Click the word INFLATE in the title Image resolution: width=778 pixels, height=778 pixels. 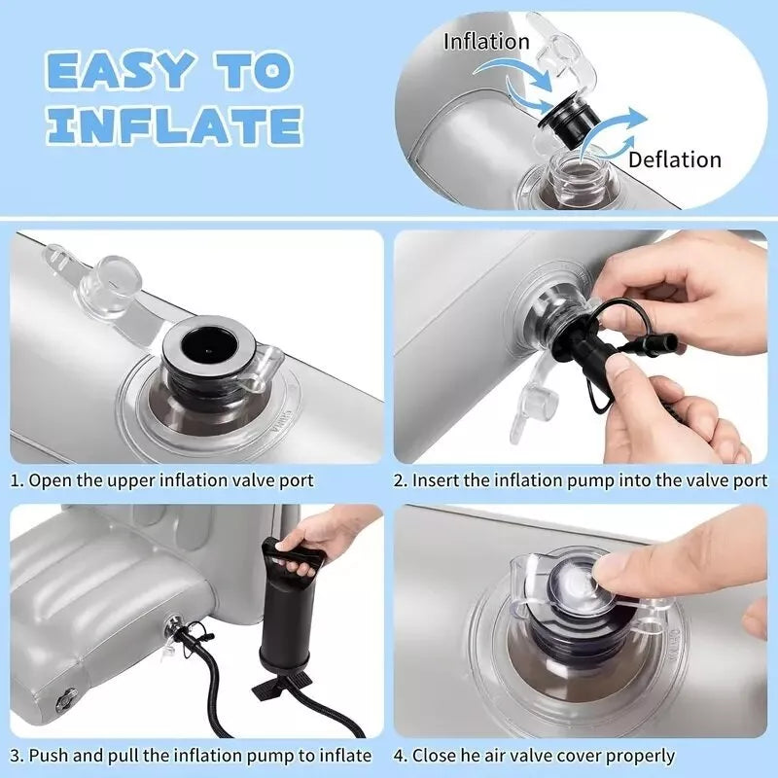174,125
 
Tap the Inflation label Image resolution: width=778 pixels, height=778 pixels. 486,42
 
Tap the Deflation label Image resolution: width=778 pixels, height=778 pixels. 675,159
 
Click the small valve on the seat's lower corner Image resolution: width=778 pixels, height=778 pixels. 65,699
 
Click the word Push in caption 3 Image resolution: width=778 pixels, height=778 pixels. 50,756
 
